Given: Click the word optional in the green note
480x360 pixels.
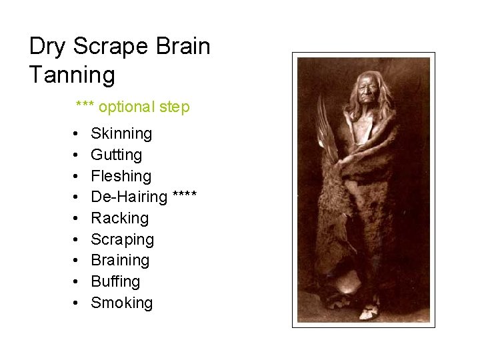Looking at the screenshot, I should [x=129, y=107].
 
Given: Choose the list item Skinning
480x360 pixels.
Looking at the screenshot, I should [x=121, y=134].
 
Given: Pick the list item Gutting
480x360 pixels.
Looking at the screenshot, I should [x=116, y=155].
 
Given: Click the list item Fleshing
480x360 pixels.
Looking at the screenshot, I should [x=121, y=177].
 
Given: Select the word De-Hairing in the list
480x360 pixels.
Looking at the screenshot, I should [x=129, y=197].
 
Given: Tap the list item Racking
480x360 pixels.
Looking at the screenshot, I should [x=119, y=219].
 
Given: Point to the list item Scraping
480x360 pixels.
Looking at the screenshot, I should [x=122, y=239].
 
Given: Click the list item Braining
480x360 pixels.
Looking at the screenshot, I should [x=120, y=261].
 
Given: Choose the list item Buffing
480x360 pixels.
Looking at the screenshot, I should [x=115, y=282].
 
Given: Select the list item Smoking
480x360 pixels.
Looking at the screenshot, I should [x=121, y=303].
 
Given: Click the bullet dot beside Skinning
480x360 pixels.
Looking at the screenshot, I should [x=77, y=134].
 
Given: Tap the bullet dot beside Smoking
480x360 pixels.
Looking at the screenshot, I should [x=77, y=303].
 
